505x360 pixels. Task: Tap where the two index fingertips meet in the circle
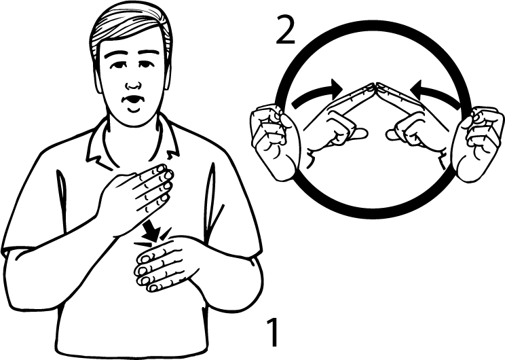tap(375, 86)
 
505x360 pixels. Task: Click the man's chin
tap(133, 117)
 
